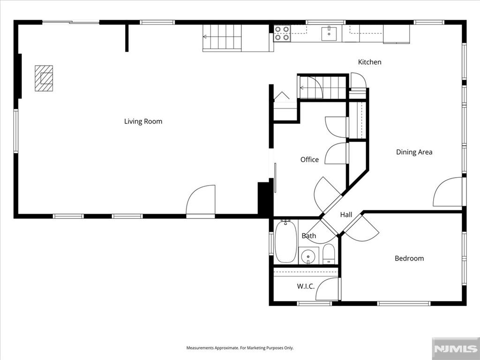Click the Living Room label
[143, 121]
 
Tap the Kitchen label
[369, 62]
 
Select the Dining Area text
[414, 152]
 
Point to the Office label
[309, 159]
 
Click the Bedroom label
[409, 258]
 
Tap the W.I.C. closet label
[306, 286]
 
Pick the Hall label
[346, 215]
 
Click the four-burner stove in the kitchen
[282, 33]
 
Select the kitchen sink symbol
[329, 34]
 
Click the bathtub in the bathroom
[286, 241]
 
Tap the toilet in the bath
[329, 254]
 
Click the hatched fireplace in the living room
[44, 78]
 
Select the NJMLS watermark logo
[456, 349]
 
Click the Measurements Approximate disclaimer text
[240, 348]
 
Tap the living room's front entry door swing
[201, 200]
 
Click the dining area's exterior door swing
[448, 192]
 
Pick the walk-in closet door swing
[327, 289]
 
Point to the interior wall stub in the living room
[127, 38]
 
